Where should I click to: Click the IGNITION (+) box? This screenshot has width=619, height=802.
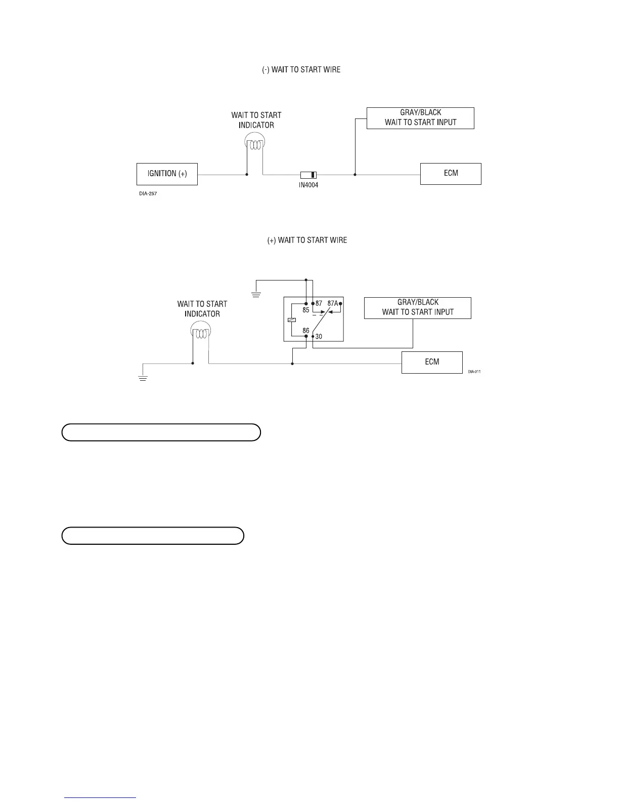(x=167, y=174)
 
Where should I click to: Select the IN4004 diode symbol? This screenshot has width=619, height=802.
(x=308, y=175)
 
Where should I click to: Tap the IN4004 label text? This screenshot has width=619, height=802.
(x=308, y=185)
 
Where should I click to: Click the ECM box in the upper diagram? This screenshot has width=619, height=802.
(x=451, y=174)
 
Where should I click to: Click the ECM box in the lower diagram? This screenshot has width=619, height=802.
(x=432, y=363)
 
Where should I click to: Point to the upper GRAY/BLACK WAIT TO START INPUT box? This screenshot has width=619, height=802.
(x=420, y=118)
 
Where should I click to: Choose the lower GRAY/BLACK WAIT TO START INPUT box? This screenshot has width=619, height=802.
(x=418, y=308)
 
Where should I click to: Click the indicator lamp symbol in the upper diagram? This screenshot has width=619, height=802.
(x=254, y=144)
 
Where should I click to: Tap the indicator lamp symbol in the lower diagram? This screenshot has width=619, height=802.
(x=201, y=333)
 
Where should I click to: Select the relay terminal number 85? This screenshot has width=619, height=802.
(x=306, y=310)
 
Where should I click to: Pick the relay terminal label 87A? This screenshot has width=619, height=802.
(x=332, y=304)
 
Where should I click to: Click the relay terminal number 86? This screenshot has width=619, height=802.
(x=306, y=331)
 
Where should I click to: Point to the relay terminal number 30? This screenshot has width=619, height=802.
(x=319, y=336)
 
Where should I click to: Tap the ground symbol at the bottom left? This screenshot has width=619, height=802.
(x=143, y=378)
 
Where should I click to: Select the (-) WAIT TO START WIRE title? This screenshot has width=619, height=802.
(x=301, y=70)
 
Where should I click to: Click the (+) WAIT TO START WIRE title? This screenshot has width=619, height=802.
(x=307, y=240)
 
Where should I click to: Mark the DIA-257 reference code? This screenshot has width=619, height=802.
(x=148, y=193)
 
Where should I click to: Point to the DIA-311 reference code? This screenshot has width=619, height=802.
(x=474, y=372)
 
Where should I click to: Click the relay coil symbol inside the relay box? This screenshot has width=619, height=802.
(x=291, y=319)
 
